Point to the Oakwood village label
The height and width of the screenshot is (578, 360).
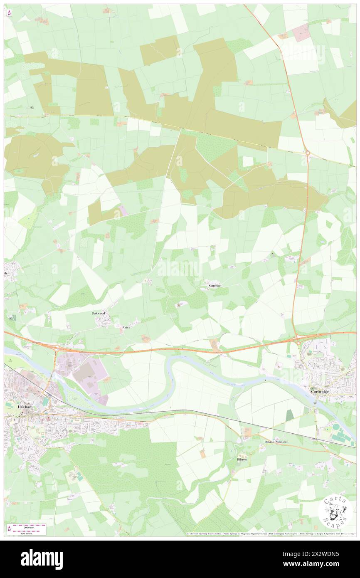pyautogui.click(x=99, y=313)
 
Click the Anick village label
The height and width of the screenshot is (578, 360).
pyautogui.click(x=126, y=327)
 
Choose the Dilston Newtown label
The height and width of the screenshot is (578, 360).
pyautogui.click(x=276, y=442)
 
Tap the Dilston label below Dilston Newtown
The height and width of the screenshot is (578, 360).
pyautogui.click(x=242, y=459)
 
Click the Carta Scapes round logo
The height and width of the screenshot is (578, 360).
pyautogui.click(x=335, y=514)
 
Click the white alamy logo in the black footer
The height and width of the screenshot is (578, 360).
pyautogui.click(x=42, y=558)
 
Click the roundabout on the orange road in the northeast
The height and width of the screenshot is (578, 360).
pyautogui.click(x=308, y=153)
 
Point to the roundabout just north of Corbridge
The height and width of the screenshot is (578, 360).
pyautogui.click(x=298, y=343)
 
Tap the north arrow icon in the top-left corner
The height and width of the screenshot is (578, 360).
pyautogui.click(x=9, y=12)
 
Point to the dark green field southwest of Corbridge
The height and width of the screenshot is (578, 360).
pyautogui.click(x=289, y=415)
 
